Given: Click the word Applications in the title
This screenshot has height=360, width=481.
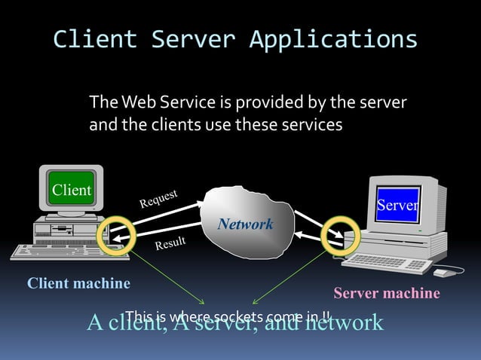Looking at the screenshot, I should point(333,38).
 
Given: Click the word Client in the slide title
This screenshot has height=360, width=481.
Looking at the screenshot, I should point(95,38).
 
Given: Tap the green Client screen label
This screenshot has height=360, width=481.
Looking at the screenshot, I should point(71,190).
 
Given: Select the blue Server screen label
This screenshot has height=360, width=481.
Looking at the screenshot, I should point(397,206).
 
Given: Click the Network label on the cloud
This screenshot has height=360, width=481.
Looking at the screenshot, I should point(245,224).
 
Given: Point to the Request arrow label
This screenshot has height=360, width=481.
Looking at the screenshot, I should point(158,198).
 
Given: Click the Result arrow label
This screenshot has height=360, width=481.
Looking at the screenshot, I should point(170,243).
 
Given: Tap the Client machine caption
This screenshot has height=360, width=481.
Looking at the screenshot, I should point(78,283).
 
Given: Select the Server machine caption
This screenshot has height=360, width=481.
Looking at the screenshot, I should point(386,293).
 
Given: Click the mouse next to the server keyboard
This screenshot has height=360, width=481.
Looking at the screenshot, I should point(444,272).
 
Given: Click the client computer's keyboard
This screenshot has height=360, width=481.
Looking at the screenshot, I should point(53,250).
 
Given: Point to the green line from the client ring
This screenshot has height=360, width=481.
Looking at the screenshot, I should point(170,276).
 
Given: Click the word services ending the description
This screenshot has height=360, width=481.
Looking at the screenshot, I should point(311,124).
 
